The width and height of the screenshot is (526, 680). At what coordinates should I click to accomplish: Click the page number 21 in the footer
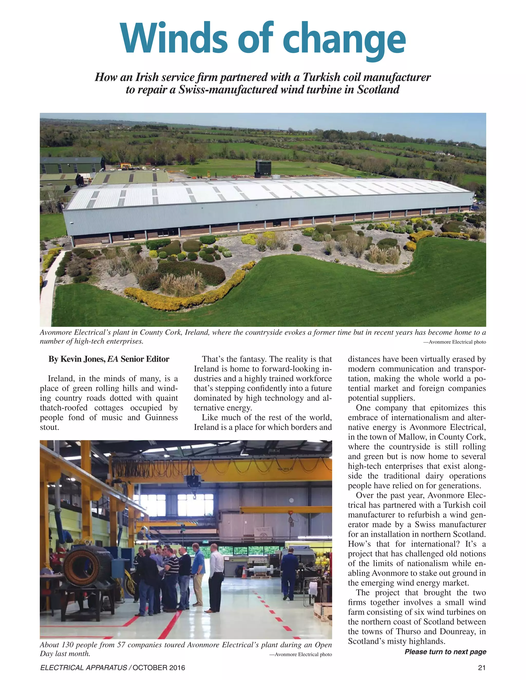482,667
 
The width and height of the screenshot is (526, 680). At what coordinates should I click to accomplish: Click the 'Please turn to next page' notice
445,652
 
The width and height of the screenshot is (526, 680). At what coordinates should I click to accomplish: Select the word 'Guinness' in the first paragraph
161,417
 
